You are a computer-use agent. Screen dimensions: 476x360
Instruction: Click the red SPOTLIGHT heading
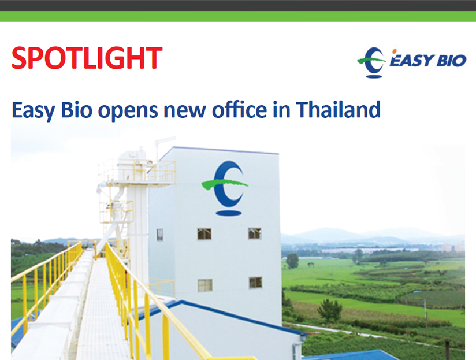pos(87,58)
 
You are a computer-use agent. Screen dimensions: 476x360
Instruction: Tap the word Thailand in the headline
pos(338,110)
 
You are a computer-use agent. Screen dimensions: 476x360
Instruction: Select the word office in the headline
pos(240,110)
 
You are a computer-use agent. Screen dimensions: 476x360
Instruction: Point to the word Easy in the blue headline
pos(34,111)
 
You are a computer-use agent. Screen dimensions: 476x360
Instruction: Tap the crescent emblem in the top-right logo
pos(371,62)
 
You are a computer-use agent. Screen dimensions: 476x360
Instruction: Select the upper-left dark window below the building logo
pos(204,234)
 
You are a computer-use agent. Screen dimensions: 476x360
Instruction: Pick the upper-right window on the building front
pos(254,233)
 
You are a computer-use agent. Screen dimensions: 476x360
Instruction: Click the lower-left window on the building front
pos(205,285)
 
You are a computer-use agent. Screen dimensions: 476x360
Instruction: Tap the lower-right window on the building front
pos(255,283)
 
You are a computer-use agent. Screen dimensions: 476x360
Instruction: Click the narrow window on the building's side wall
pos(159,235)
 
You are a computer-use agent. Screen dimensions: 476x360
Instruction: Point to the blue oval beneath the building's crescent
pos(229,213)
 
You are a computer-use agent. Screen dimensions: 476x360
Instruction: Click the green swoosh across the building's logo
pos(225,183)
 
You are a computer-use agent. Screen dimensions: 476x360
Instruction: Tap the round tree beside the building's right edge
pos(292,261)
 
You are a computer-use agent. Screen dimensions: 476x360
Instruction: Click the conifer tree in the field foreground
pos(330,310)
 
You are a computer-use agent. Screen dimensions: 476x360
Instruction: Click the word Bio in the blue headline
pos(76,110)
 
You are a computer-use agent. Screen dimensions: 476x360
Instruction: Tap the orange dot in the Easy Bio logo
pos(395,51)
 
